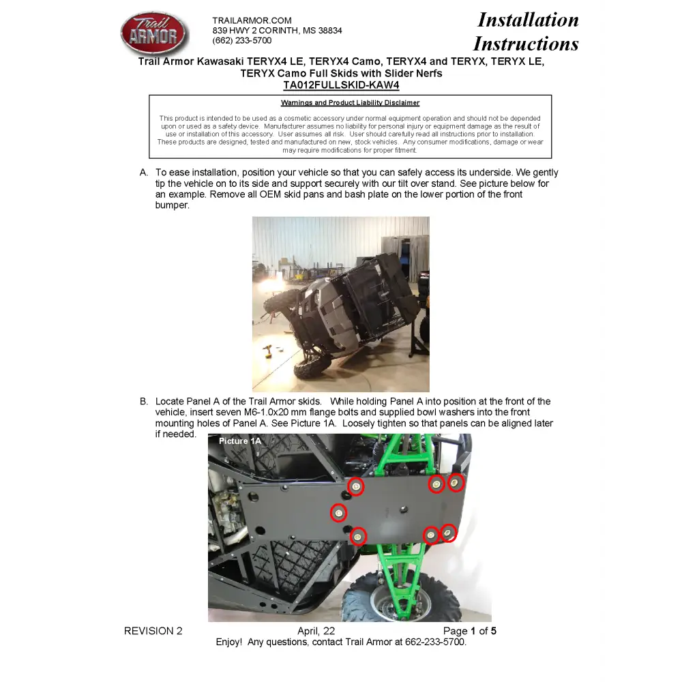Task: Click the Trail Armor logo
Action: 153,34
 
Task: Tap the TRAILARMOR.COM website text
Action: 252,20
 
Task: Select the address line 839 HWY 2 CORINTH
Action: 277,31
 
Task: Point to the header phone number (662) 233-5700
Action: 241,40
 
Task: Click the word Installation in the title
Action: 528,20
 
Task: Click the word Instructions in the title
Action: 526,44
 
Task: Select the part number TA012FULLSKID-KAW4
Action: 341,85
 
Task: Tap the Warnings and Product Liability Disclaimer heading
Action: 350,103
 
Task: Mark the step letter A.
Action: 144,173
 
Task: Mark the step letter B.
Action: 144,402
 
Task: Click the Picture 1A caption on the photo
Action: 239,441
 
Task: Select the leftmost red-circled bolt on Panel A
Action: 338,512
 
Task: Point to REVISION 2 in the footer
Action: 153,631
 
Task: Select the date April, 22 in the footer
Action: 316,631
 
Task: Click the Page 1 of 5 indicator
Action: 469,631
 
